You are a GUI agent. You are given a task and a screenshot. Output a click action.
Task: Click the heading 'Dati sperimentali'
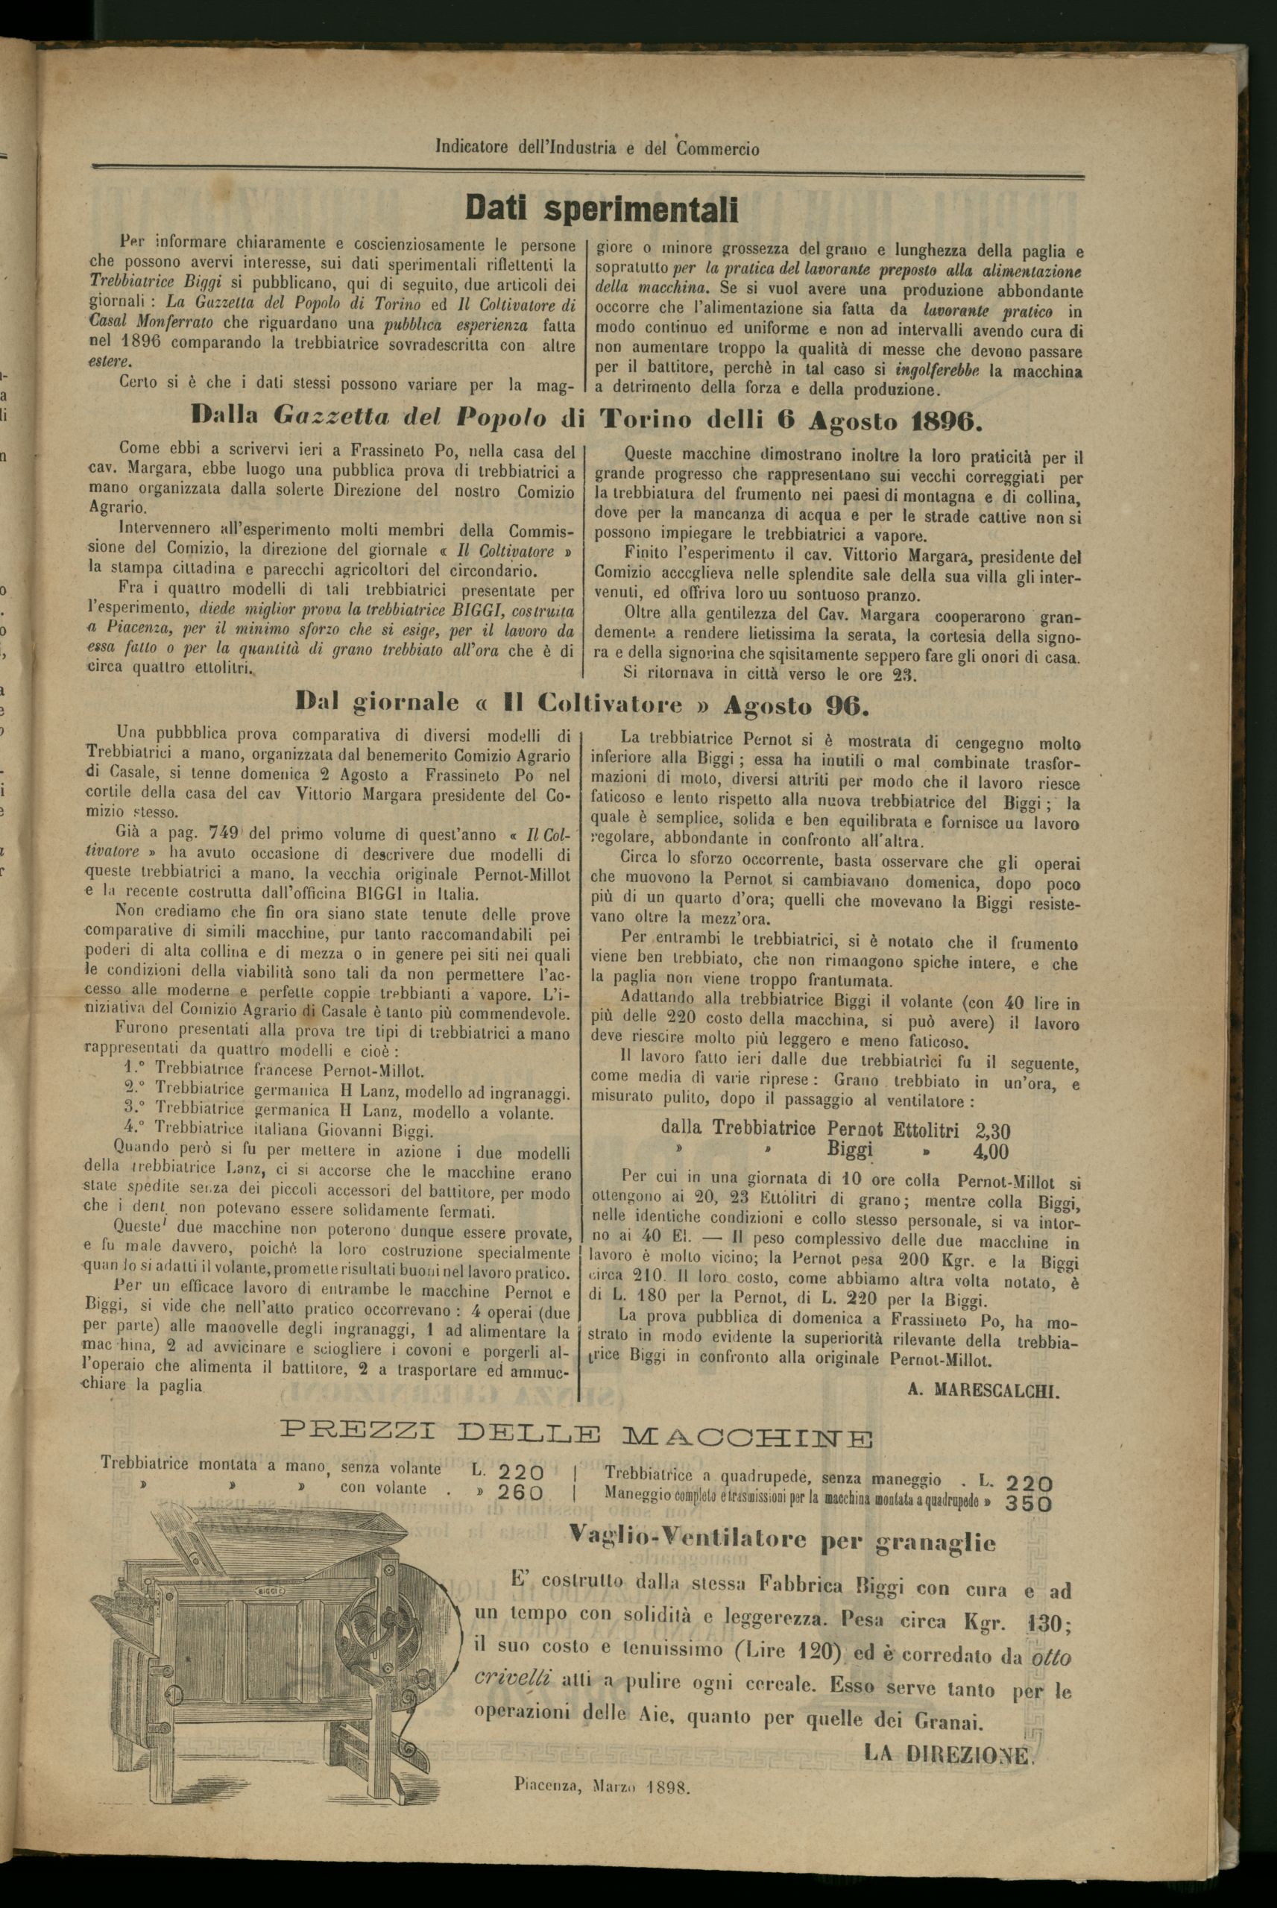click(x=601, y=210)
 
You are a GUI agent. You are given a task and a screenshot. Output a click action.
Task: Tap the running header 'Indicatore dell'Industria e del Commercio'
click(x=597, y=149)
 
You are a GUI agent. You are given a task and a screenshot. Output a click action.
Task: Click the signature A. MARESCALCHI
click(x=983, y=1391)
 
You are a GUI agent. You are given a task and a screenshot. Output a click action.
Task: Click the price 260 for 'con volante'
click(x=521, y=1492)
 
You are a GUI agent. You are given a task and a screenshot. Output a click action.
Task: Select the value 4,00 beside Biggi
click(x=990, y=1151)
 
